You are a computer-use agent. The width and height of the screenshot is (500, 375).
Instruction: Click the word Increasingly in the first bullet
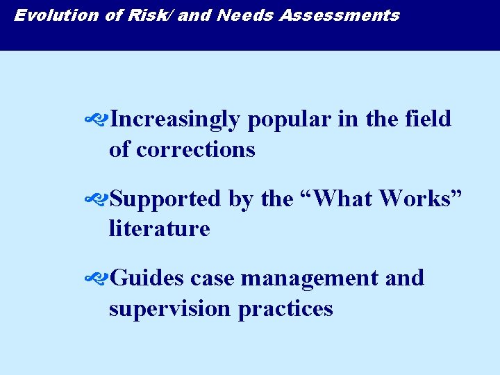175,120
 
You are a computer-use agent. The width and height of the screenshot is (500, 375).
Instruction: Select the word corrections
196,149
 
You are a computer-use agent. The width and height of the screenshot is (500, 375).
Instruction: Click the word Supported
165,200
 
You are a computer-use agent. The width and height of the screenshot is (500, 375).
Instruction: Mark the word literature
159,228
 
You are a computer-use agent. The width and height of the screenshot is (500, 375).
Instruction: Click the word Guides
147,278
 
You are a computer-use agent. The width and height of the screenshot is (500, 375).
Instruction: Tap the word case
212,279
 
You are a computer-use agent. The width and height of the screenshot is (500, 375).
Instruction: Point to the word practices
285,309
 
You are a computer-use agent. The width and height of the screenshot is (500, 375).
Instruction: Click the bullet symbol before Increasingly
95,120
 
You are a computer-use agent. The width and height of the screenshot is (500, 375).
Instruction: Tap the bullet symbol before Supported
95,200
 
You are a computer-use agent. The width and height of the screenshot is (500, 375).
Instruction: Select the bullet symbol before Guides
95,279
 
